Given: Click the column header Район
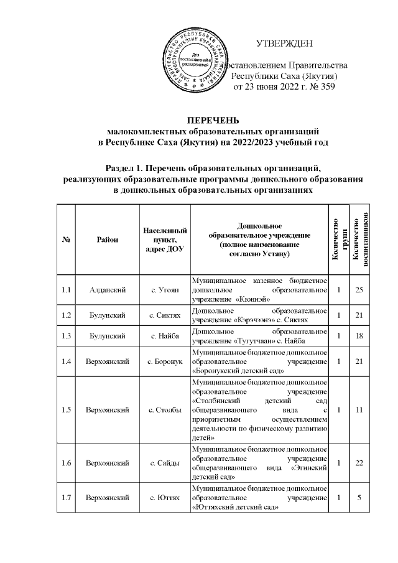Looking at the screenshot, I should click(x=106, y=240).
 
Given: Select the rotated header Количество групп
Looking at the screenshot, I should click(x=339, y=240).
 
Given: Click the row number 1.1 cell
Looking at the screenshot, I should click(x=66, y=289).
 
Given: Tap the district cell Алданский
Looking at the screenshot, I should click(x=106, y=289).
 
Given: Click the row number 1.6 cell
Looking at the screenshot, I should click(x=66, y=463).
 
